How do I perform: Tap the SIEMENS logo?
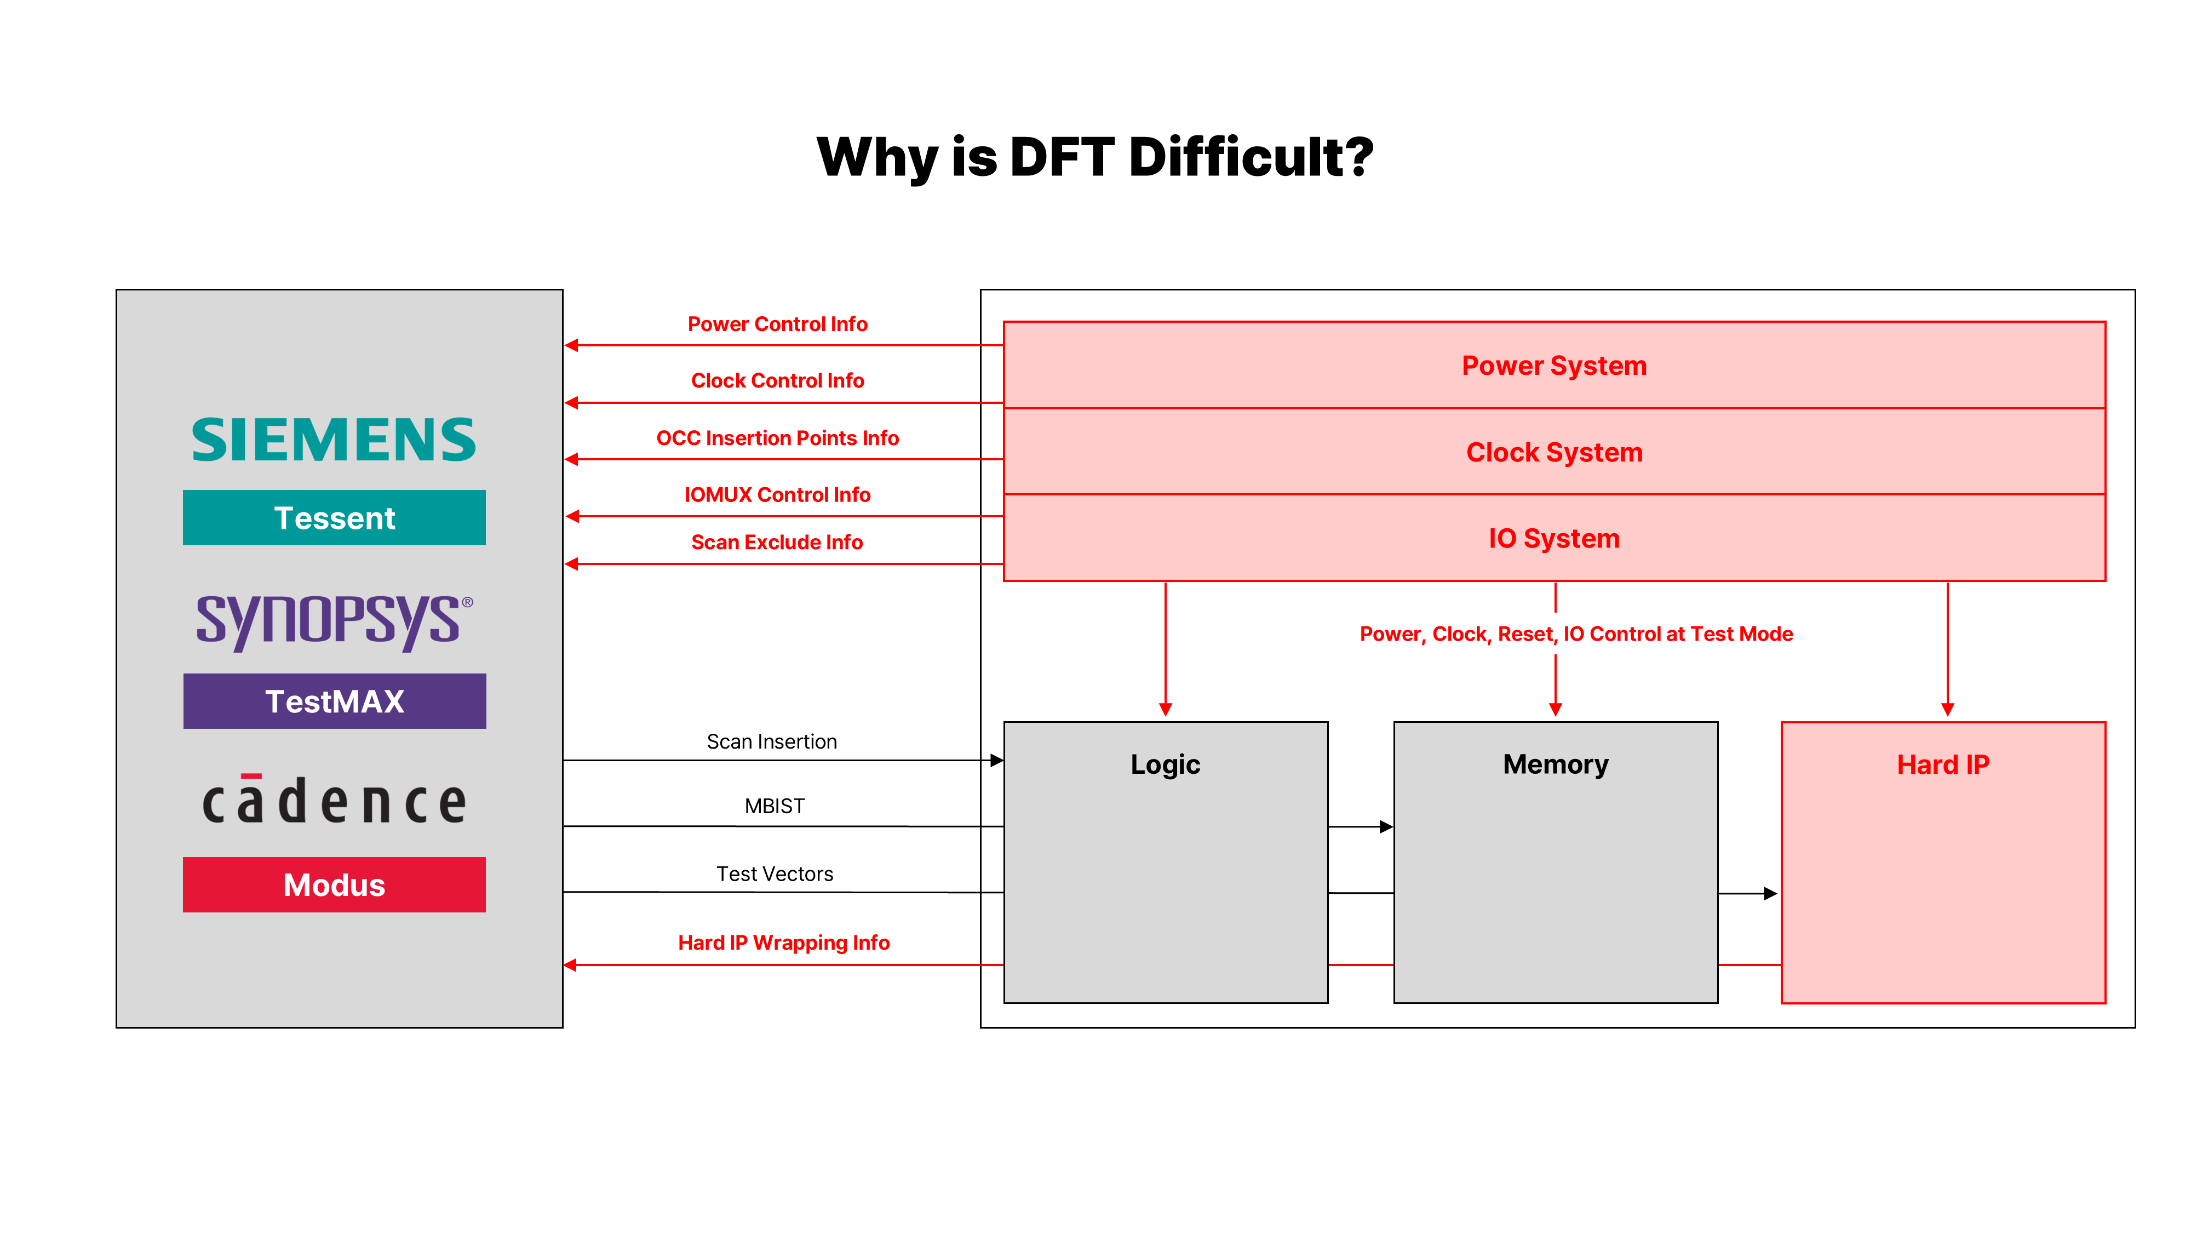[334, 440]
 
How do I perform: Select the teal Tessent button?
[334, 517]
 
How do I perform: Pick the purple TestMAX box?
[334, 701]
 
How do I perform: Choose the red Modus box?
[334, 885]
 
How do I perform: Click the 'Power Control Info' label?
[777, 324]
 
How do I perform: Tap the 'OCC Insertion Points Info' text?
[777, 438]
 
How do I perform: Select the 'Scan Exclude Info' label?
[777, 542]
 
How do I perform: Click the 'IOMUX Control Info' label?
[777, 494]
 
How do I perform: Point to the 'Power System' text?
[1554, 366]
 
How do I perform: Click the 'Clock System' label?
[1554, 453]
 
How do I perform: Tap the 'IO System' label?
[1554, 539]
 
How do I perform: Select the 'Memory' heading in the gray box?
[1555, 764]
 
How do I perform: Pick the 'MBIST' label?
[774, 806]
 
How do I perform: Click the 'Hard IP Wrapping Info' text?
[783, 943]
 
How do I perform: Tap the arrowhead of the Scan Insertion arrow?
[997, 760]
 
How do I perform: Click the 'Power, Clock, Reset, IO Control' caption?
[1575, 634]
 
